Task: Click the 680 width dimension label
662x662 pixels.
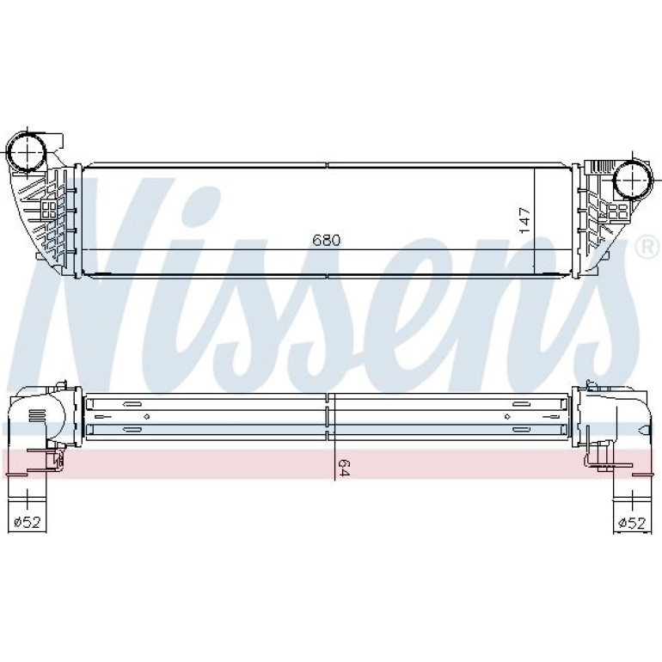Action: pos(326,240)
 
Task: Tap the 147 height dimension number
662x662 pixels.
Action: pos(524,220)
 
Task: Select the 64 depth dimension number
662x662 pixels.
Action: pos(344,468)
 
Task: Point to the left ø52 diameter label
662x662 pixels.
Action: pos(27,522)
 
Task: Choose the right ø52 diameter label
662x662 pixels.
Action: pos(632,523)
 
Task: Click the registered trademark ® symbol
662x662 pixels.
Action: pos(649,248)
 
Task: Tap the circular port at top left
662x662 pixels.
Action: pos(27,150)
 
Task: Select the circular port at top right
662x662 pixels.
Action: pos(633,181)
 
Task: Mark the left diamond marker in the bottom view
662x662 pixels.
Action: pos(146,417)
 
